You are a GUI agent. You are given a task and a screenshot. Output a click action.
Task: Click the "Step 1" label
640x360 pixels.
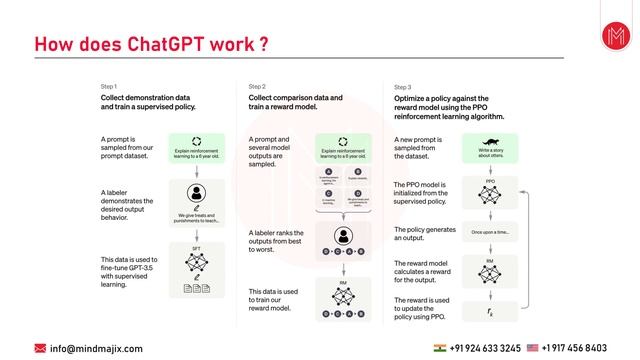(x=109, y=87)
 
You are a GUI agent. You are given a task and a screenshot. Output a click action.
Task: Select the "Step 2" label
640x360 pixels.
(x=257, y=87)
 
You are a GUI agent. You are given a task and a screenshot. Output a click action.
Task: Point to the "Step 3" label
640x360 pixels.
(x=402, y=87)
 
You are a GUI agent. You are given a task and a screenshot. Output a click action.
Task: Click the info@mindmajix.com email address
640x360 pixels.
(x=96, y=348)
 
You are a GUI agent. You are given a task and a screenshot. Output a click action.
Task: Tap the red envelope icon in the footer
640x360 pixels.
(x=40, y=348)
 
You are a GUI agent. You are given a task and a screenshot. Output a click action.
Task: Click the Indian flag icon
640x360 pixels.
(x=441, y=348)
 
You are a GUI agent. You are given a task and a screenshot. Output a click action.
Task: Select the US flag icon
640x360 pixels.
(x=532, y=348)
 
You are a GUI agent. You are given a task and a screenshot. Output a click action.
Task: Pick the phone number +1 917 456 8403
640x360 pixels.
(x=574, y=348)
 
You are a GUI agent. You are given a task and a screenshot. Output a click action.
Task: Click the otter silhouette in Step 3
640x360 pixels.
(x=490, y=142)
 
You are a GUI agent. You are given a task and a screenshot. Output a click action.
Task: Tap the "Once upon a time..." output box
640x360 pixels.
(x=490, y=232)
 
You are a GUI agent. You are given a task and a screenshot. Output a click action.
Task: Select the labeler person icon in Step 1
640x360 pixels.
(x=196, y=193)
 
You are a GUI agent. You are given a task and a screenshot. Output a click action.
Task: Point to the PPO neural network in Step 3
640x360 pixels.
(x=490, y=195)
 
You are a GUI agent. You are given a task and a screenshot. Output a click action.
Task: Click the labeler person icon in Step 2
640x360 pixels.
(x=343, y=237)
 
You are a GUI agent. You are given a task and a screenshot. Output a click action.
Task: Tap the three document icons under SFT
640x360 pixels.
(x=196, y=289)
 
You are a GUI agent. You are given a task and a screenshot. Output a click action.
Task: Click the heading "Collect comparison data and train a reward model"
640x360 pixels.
(x=295, y=103)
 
